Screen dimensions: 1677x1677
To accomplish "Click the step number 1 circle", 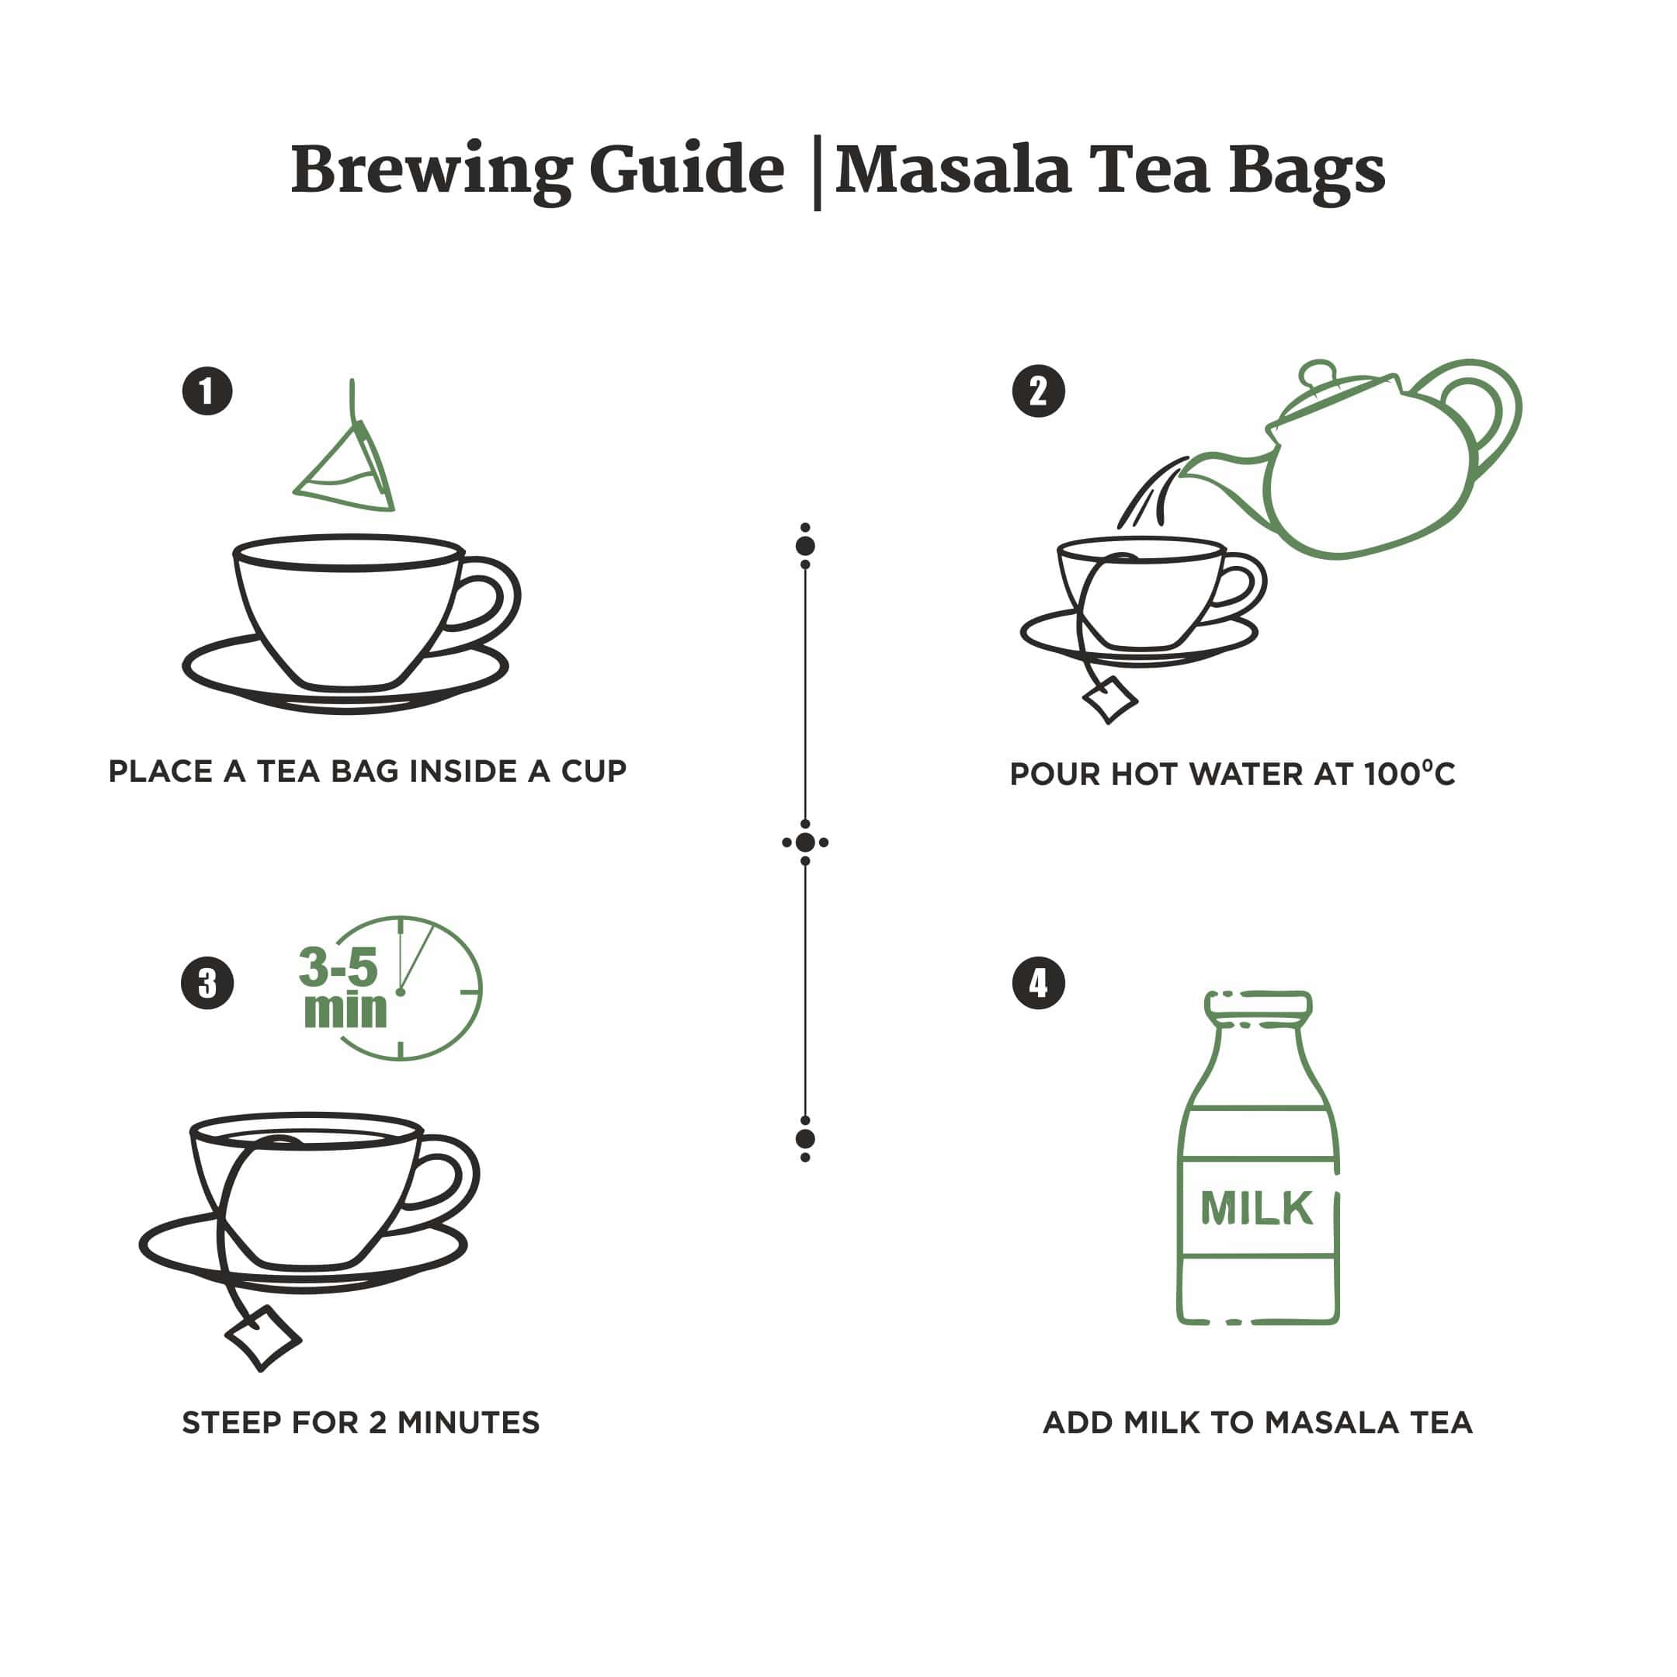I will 207,391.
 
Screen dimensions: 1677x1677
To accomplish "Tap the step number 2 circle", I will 1038,391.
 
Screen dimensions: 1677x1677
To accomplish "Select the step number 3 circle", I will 207,984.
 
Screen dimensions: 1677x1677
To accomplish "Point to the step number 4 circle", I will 1038,984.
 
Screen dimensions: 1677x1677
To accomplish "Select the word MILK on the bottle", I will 1256,1208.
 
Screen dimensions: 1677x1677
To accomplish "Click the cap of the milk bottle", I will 1258,1005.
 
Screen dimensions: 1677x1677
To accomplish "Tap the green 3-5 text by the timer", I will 339,967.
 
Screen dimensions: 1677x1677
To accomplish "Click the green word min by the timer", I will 345,1010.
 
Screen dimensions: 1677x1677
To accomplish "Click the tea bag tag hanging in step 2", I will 1109,700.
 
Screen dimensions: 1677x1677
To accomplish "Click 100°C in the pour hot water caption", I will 1408,774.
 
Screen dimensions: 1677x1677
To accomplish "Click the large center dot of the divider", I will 804,842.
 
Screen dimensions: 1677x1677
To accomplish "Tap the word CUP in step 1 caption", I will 594,772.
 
